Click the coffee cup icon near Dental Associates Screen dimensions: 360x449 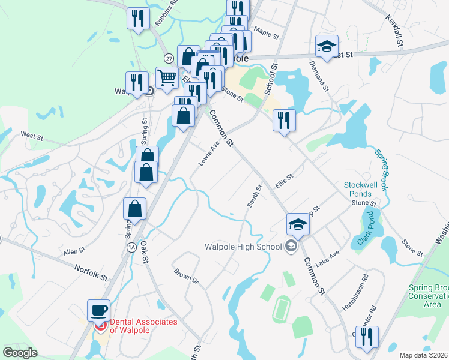coord(99,311)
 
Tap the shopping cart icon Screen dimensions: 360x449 coord(167,77)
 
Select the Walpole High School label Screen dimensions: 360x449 coord(243,246)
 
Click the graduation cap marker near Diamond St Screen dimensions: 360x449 coord(327,46)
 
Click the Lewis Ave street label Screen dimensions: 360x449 coord(208,154)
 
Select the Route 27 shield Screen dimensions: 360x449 coord(170,58)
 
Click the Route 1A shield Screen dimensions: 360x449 coord(131,247)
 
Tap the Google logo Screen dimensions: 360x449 coord(20,352)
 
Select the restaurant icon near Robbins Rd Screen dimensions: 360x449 coord(138,18)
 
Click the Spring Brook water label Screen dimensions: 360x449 coord(381,170)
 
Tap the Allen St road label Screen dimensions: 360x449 coord(76,251)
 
